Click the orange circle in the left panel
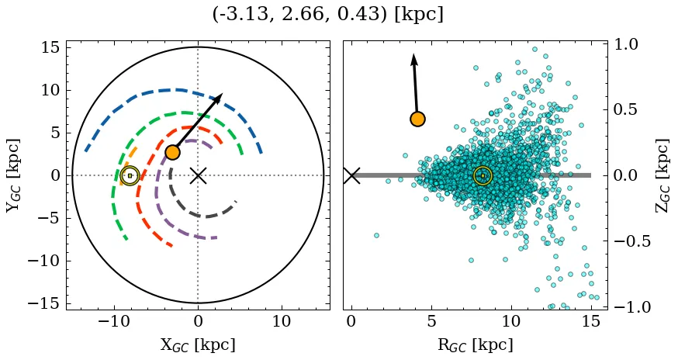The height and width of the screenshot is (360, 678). [172, 153]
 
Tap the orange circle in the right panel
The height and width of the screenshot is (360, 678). [417, 119]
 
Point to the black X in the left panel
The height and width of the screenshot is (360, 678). [198, 175]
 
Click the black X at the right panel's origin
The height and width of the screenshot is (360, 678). [351, 175]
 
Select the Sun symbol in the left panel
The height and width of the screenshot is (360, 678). [130, 175]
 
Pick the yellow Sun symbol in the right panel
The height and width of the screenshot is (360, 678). [483, 175]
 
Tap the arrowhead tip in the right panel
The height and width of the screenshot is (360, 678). [414, 54]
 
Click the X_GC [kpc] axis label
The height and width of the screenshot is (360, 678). [198, 345]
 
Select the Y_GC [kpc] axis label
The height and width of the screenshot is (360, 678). [12, 175]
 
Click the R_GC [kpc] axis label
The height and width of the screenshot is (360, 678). [476, 345]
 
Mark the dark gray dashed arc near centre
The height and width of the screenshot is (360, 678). [203, 216]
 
